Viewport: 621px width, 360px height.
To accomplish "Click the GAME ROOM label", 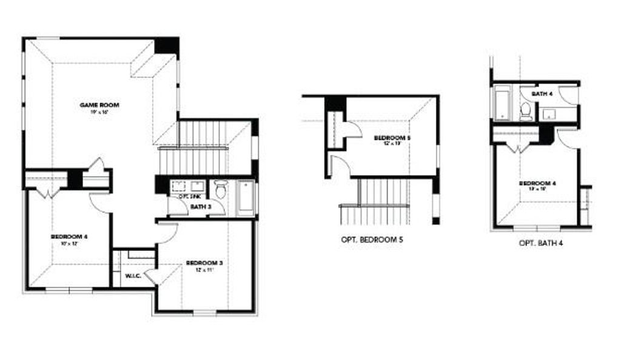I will pyautogui.click(x=99, y=105).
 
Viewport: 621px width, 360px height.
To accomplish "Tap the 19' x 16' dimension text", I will pyautogui.click(x=99, y=112).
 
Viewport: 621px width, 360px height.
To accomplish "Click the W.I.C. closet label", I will pyautogui.click(x=133, y=276).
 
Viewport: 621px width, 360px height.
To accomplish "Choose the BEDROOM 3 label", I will pyautogui.click(x=204, y=262).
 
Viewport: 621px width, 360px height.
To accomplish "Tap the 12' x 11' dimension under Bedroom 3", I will pyautogui.click(x=204, y=269).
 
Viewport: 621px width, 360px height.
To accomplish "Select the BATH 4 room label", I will pyautogui.click(x=541, y=94).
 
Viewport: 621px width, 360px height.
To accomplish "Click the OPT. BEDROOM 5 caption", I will pyautogui.click(x=372, y=240).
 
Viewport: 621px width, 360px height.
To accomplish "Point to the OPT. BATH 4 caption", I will pyautogui.click(x=542, y=243).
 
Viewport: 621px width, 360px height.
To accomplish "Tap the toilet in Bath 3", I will pyautogui.click(x=221, y=190).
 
